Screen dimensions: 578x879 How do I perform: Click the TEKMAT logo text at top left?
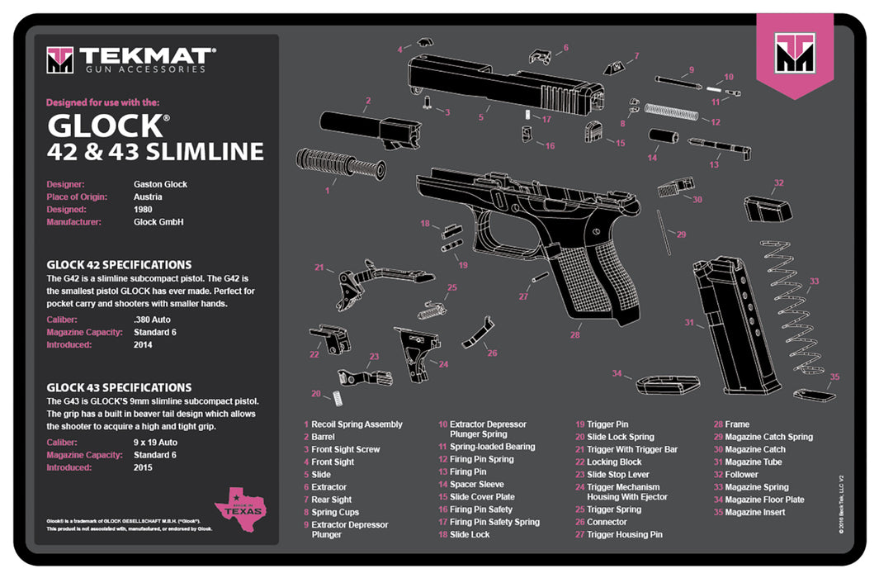pos(148,56)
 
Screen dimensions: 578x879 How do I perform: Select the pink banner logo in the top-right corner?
pos(794,55)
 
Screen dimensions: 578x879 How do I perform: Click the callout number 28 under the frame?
pos(574,335)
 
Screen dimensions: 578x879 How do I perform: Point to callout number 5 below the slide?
pos(480,117)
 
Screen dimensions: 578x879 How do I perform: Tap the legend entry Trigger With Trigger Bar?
pos(632,449)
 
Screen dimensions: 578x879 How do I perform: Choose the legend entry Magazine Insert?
pos(755,513)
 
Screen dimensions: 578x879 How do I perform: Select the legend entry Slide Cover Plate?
pos(481,497)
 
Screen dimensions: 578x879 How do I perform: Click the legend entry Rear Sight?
pos(331,500)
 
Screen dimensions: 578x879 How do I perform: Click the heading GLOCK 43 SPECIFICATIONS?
pos(119,387)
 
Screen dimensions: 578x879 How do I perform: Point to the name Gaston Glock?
pos(160,184)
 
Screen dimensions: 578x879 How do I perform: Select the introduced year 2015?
pos(144,467)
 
